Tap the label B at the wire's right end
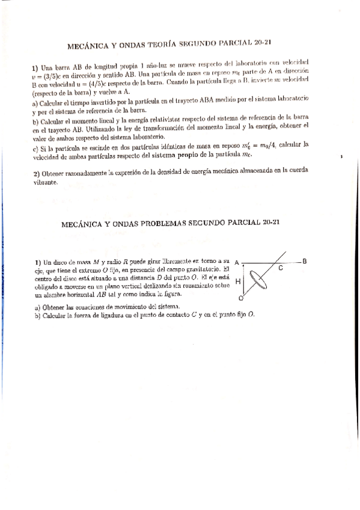305,261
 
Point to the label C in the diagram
281,268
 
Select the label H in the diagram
238,281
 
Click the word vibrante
46,184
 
